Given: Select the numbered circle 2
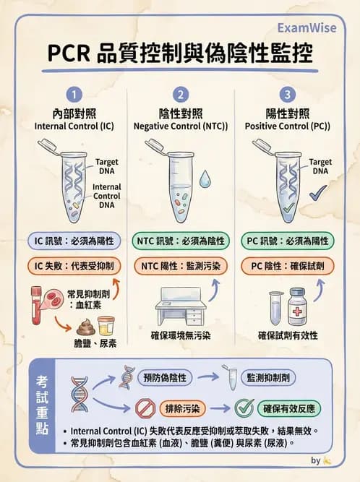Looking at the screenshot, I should [181, 95].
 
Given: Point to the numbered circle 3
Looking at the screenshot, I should [288, 95].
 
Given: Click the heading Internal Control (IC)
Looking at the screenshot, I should [74, 126].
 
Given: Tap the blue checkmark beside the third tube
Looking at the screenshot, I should [316, 194].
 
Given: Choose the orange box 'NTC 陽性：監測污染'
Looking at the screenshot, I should [181, 266].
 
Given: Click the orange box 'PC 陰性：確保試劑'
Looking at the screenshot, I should [288, 266].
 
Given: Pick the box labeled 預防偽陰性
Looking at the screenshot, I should [167, 376].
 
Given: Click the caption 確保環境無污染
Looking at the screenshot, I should [180, 335].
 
